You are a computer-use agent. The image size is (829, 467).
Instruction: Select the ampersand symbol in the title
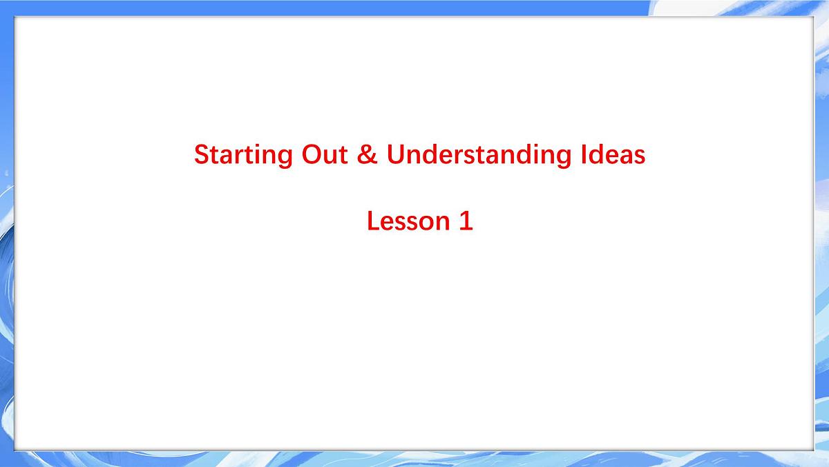tap(369, 154)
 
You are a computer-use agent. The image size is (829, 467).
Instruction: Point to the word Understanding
tap(476, 155)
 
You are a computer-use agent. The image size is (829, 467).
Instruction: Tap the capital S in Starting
tap(201, 154)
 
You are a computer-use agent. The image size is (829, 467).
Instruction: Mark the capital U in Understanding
tap(394, 154)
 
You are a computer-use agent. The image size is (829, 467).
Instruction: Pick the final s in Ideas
tap(640, 156)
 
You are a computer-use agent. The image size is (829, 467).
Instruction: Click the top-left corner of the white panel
tap(15, 17)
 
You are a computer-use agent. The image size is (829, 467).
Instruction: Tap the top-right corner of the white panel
tap(813, 17)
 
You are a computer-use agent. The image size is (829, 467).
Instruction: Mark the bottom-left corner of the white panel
tap(15, 450)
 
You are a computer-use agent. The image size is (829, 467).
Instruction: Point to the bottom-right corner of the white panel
tap(813, 450)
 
